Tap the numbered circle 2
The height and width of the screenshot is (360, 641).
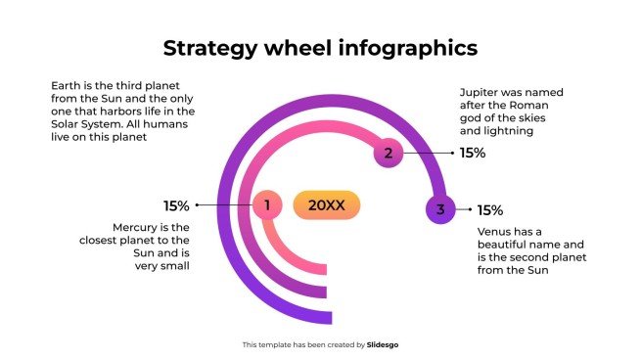(x=389, y=153)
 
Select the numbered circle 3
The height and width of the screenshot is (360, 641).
(x=440, y=209)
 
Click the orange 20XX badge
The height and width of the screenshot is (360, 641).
(x=326, y=205)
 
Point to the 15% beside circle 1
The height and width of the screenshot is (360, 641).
(x=176, y=205)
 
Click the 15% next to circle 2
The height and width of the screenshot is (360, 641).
(x=473, y=153)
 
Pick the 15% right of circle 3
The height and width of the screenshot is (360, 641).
(x=489, y=209)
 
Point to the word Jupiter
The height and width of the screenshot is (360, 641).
(x=480, y=92)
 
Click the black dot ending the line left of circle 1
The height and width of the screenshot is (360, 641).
(x=198, y=205)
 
